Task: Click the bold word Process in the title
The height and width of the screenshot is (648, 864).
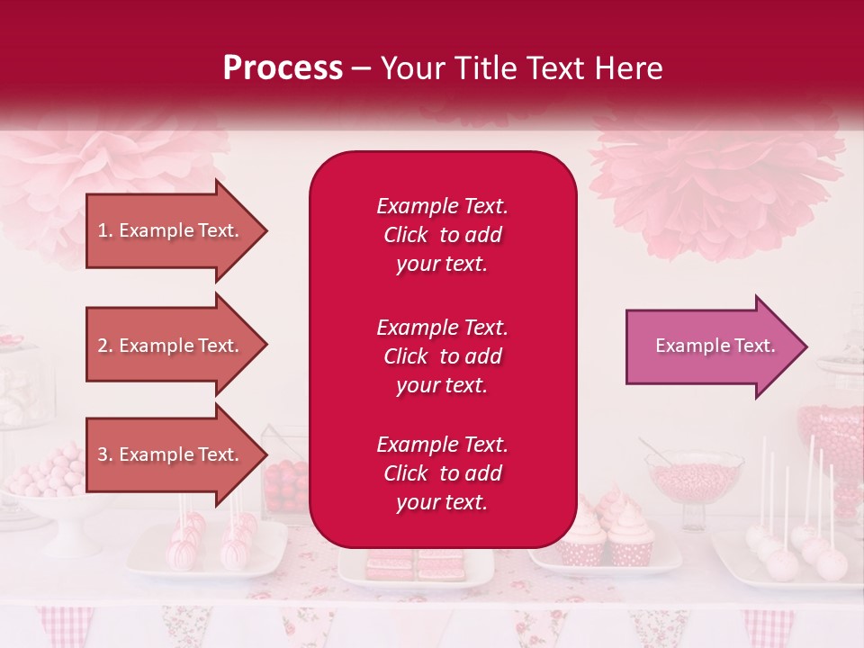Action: click(x=283, y=68)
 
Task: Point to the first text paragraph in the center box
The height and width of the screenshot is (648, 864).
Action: click(x=442, y=235)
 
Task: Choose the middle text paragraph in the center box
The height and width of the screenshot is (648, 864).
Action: click(x=442, y=356)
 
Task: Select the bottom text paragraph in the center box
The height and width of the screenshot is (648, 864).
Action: click(x=442, y=473)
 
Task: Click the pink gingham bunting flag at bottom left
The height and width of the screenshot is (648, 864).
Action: click(x=65, y=625)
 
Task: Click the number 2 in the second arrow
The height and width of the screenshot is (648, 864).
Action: click(x=103, y=346)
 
